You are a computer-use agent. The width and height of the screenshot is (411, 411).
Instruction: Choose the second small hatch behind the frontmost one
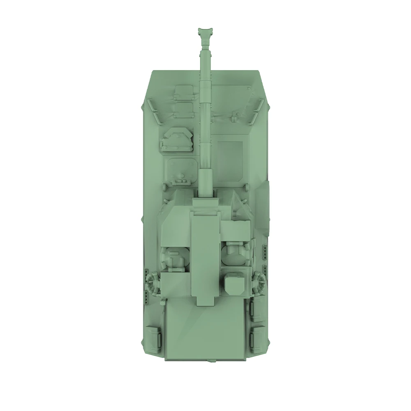coord(184,108)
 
